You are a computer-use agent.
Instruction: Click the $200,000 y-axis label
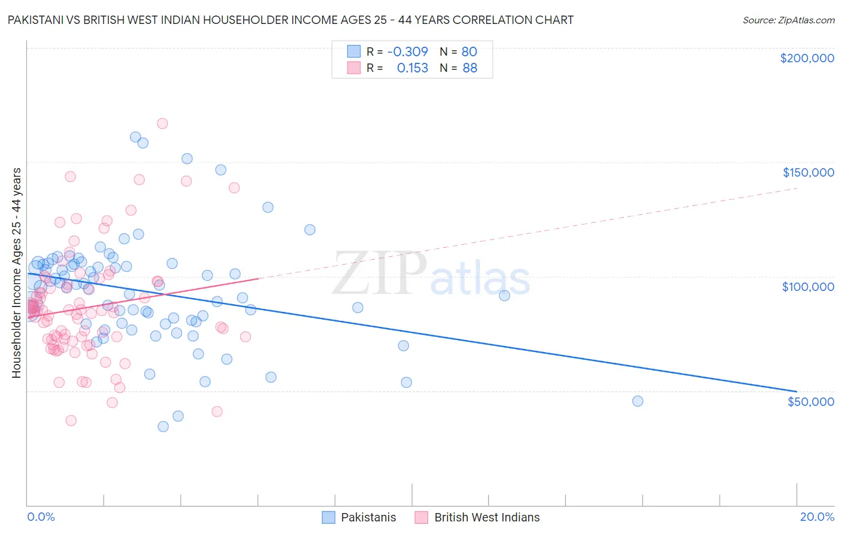(x=807, y=58)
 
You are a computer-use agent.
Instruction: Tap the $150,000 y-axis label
(x=808, y=172)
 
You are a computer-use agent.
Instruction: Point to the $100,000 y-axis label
(x=808, y=287)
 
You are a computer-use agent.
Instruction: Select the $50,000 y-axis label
(x=810, y=401)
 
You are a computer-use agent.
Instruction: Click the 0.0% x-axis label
(x=41, y=517)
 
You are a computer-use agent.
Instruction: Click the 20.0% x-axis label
(x=817, y=517)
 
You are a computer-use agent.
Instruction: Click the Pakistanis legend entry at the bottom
(x=359, y=517)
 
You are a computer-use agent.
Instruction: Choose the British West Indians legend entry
(x=477, y=517)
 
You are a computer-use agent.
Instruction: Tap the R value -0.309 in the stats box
(x=407, y=51)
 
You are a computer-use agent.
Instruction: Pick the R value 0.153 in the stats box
(x=413, y=68)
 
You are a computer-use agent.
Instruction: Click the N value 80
(x=469, y=51)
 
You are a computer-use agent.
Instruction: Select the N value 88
(x=470, y=68)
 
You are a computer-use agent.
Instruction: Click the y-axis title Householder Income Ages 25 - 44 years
(x=17, y=273)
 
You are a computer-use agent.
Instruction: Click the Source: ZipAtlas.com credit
(x=788, y=20)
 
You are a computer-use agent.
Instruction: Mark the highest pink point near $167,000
(x=162, y=123)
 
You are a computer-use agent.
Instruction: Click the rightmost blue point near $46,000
(x=638, y=401)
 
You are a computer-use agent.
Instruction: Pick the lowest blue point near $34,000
(x=163, y=427)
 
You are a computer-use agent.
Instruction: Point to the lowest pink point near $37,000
(x=71, y=420)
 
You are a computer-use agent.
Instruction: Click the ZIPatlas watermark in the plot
(x=431, y=274)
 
